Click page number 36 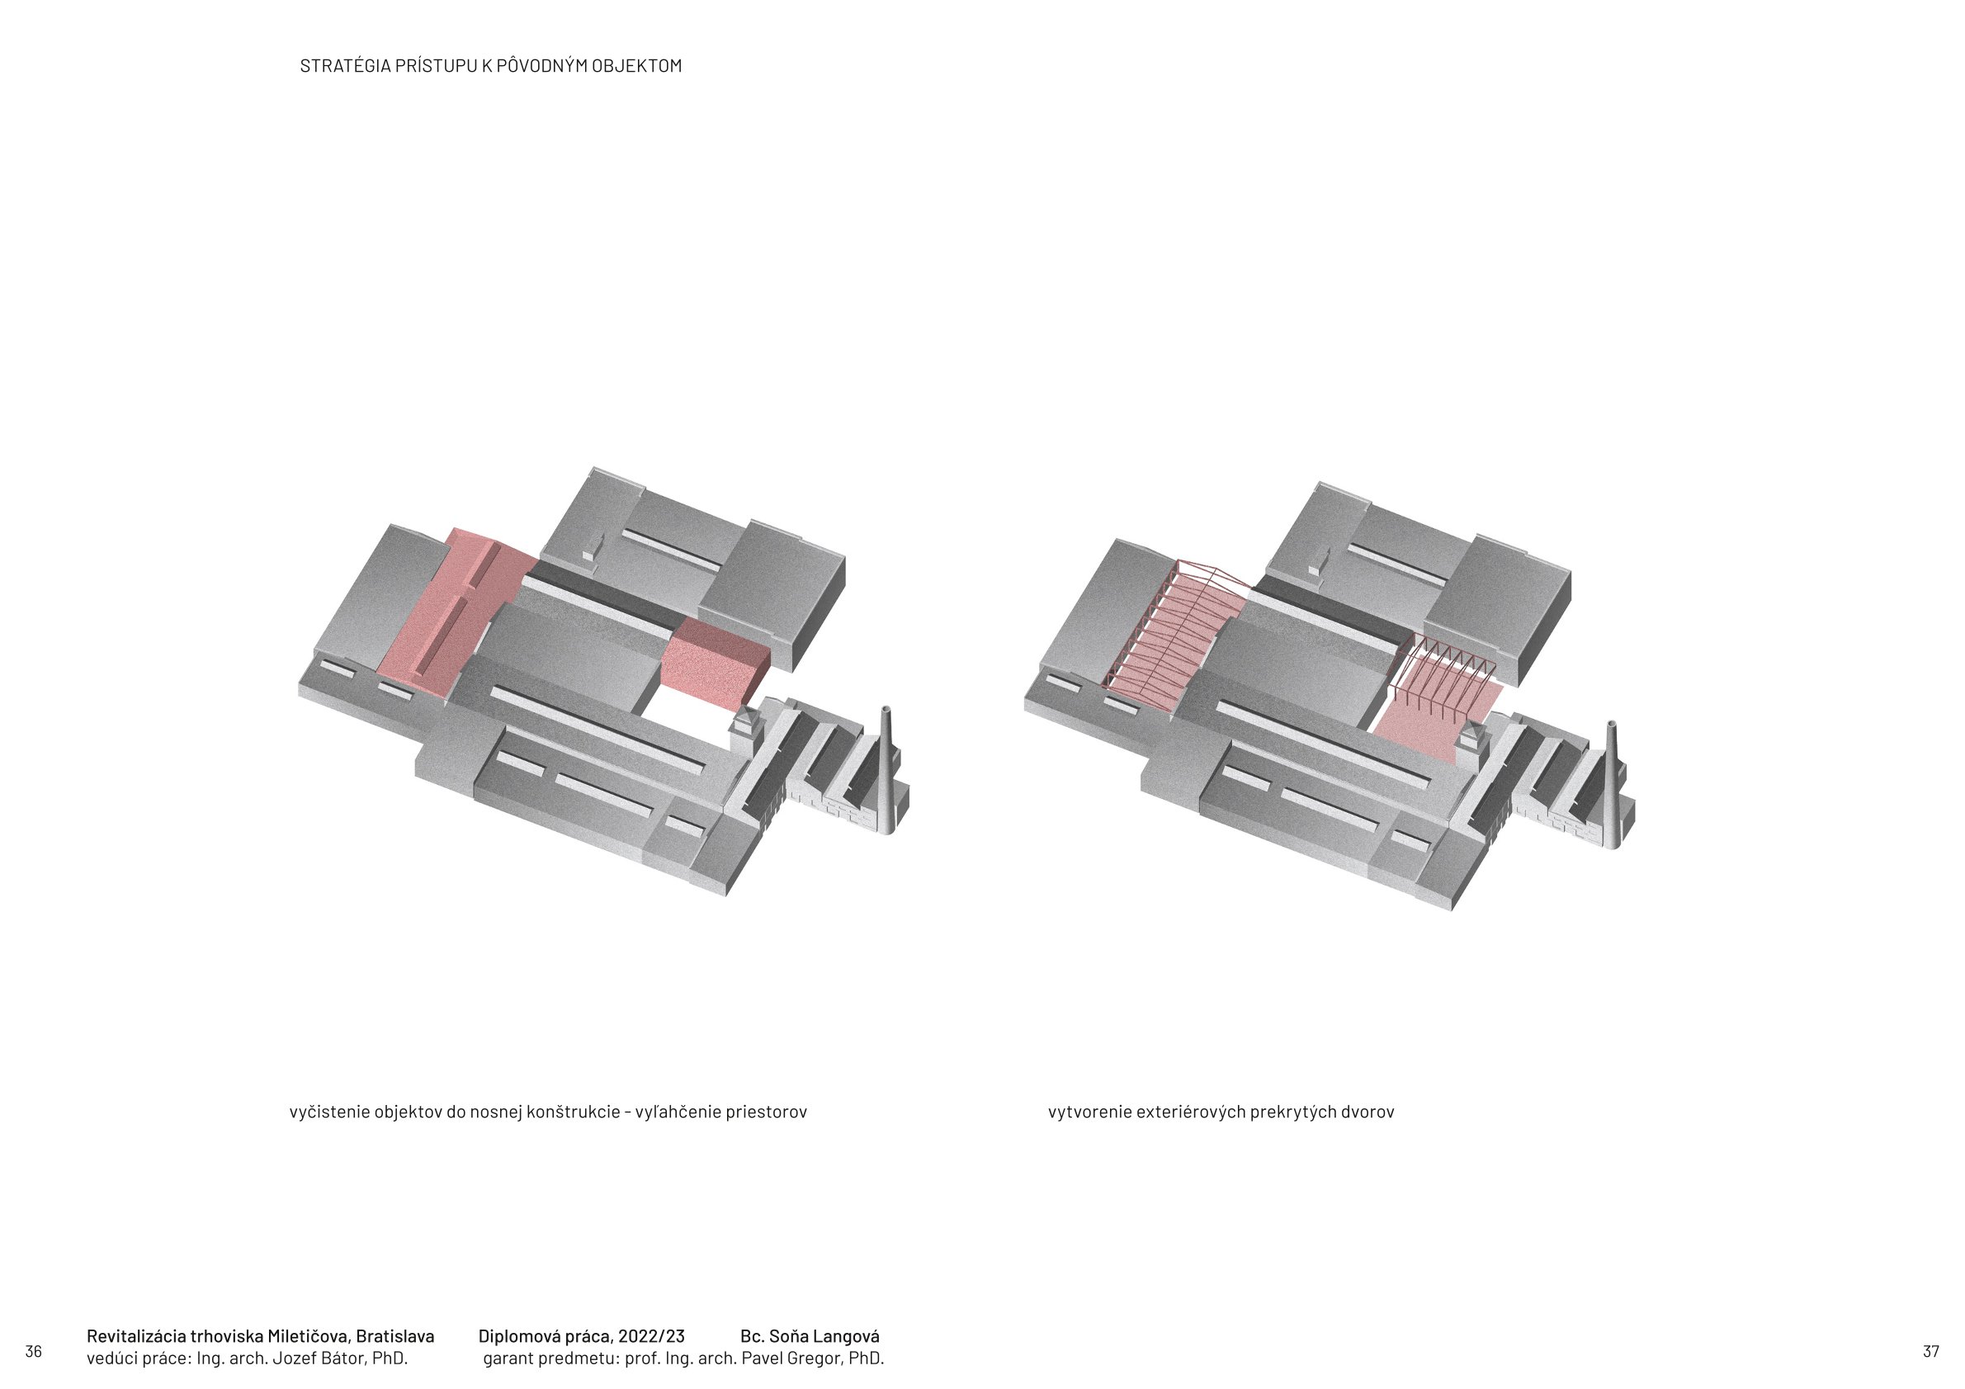(x=33, y=1351)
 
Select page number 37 (x=1931, y=1351)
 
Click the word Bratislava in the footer (x=394, y=1336)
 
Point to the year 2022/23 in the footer (x=651, y=1336)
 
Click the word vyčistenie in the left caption (x=330, y=1112)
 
